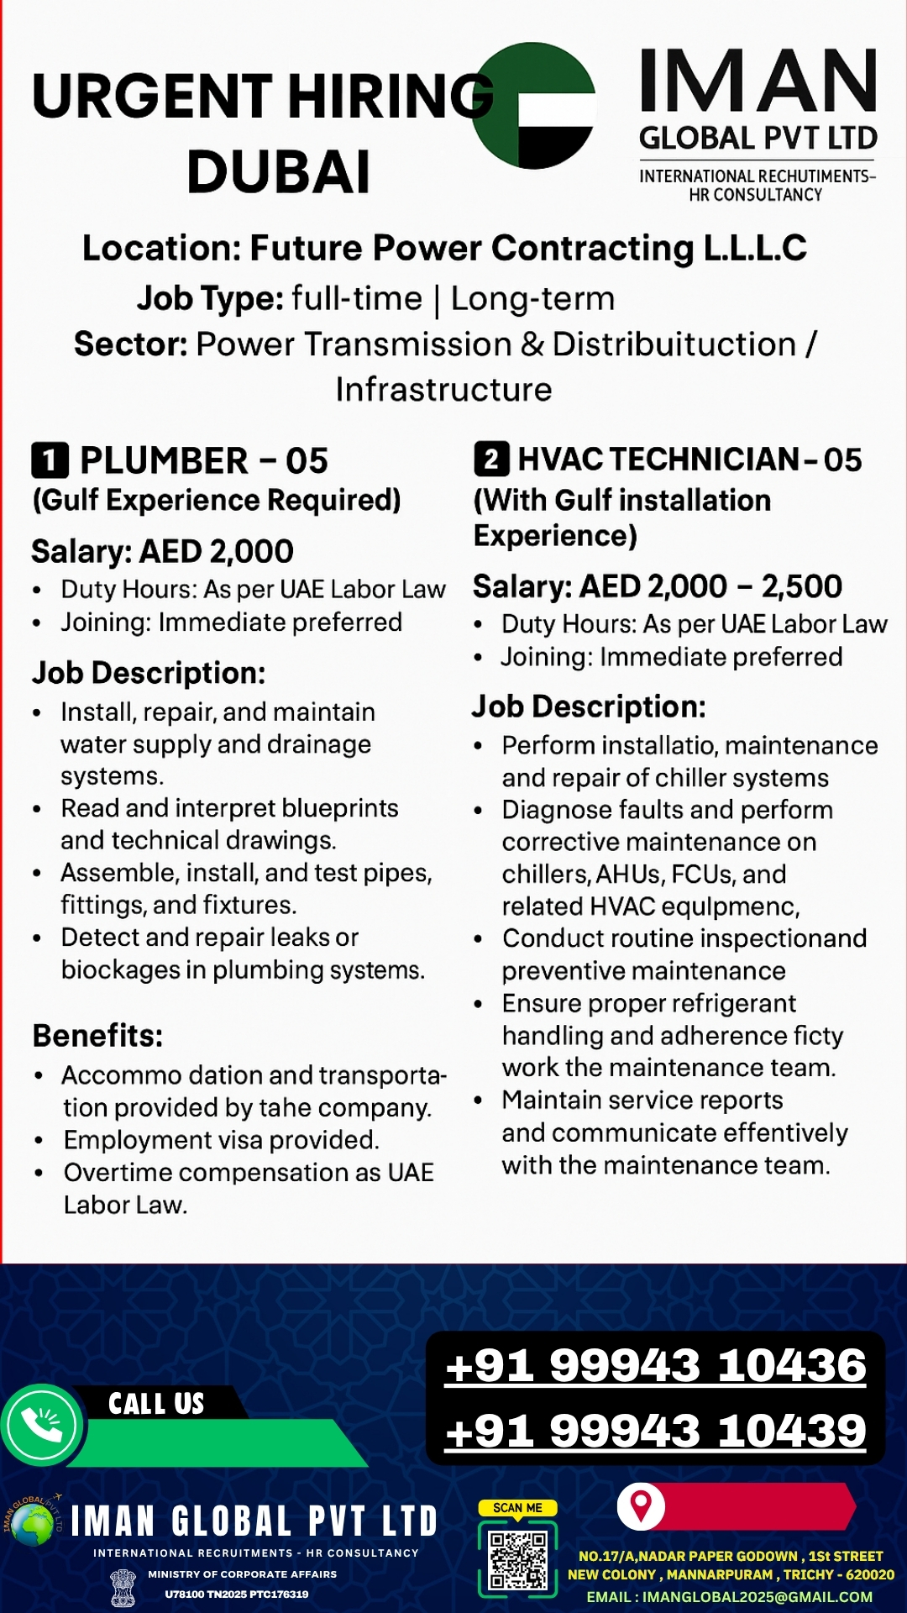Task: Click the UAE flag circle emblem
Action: tap(534, 106)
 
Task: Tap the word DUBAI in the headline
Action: tap(278, 173)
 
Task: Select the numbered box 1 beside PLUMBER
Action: tap(50, 460)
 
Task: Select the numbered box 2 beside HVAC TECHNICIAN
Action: tap(491, 459)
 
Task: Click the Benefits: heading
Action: tap(97, 1036)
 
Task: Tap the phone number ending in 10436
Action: tap(655, 1365)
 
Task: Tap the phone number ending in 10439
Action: tap(655, 1430)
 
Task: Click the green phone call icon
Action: tap(42, 1425)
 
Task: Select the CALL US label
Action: tap(156, 1404)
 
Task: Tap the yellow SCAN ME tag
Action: tap(517, 1508)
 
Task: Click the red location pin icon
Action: tap(642, 1506)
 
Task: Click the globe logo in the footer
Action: tap(33, 1524)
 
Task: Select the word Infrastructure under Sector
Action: tap(443, 390)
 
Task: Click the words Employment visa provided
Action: tap(222, 1140)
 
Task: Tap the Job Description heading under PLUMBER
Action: tap(149, 673)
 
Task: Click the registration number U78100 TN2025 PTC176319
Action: tap(237, 1594)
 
